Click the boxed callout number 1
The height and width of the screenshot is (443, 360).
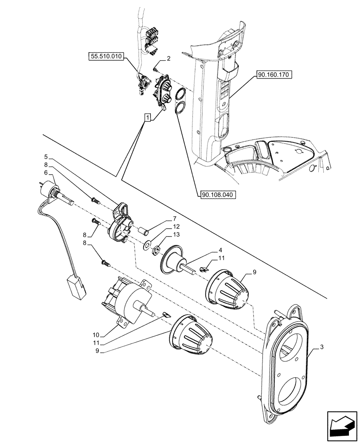point(148,117)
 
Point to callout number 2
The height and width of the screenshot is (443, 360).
point(169,58)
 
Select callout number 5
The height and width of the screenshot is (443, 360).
point(46,156)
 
